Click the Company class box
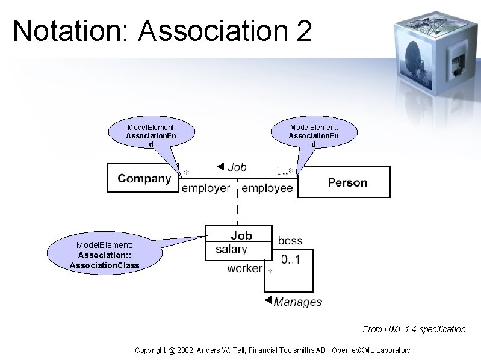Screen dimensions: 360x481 pyautogui.click(x=144, y=178)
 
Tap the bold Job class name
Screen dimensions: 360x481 pyautogui.click(x=241, y=235)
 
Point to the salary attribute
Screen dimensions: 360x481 pyautogui.click(x=231, y=249)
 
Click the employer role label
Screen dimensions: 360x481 pyautogui.click(x=206, y=188)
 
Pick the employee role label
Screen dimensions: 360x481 pyautogui.click(x=267, y=188)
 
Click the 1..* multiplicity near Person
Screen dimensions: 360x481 pyautogui.click(x=285, y=171)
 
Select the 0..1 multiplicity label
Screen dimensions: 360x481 pyautogui.click(x=290, y=260)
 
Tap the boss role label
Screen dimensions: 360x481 pyautogui.click(x=290, y=241)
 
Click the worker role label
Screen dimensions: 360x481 pyautogui.click(x=244, y=268)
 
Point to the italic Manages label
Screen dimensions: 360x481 pyautogui.click(x=297, y=302)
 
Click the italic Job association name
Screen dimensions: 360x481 pyautogui.click(x=237, y=167)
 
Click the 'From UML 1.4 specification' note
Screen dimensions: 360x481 pyautogui.click(x=414, y=329)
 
